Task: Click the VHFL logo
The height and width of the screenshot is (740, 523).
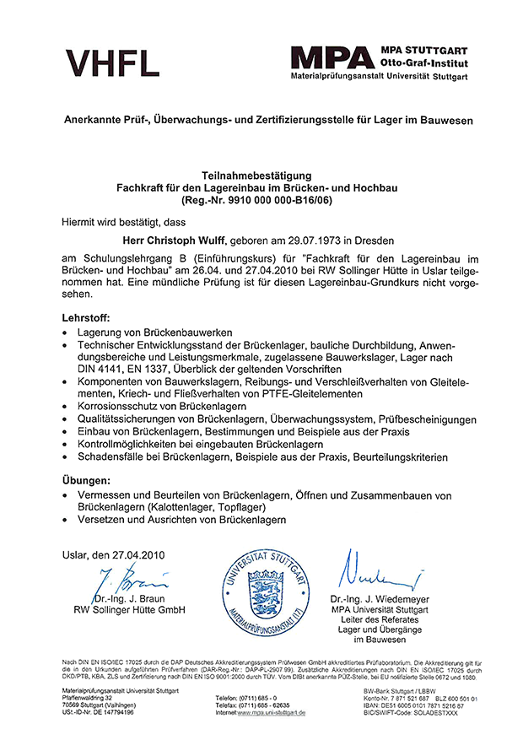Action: coord(112,62)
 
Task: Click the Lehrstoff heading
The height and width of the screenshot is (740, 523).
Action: coord(86,319)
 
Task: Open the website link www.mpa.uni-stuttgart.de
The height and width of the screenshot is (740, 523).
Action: coord(271,712)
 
